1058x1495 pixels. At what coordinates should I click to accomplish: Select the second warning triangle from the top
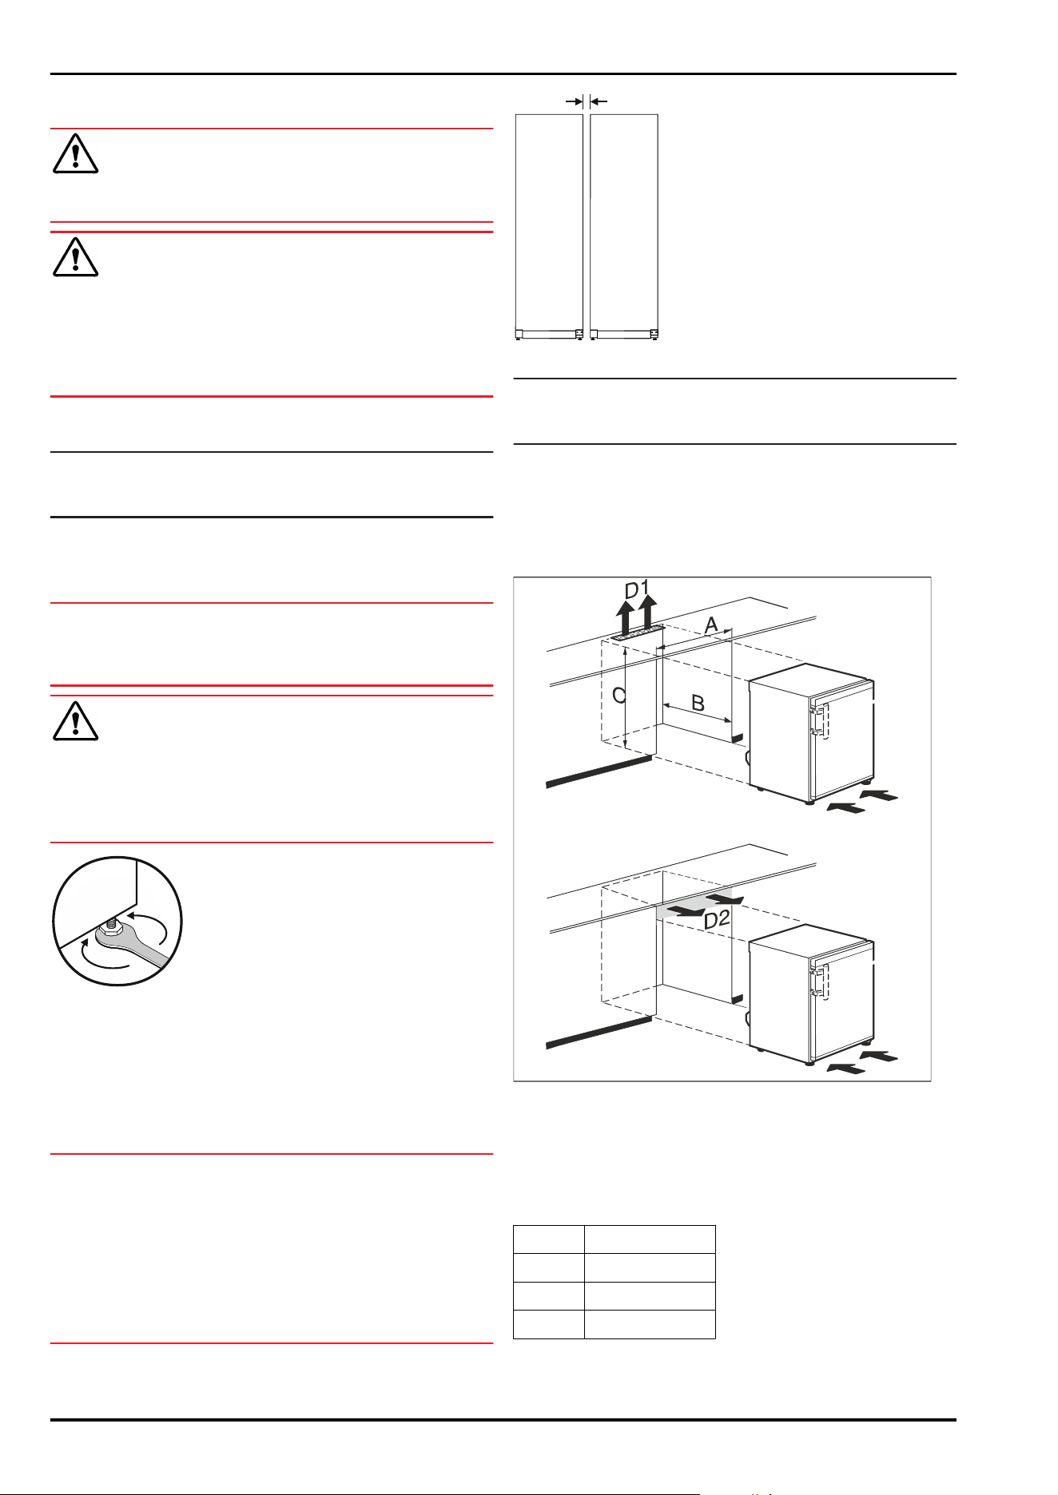pos(75,256)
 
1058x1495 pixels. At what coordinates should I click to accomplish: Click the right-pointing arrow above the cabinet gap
pos(574,101)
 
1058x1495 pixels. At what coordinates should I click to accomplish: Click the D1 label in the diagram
pos(637,590)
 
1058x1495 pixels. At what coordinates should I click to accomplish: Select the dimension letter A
pos(710,624)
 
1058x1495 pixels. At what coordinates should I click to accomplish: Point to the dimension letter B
pos(698,704)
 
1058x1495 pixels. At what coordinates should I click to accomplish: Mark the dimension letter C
pos(618,696)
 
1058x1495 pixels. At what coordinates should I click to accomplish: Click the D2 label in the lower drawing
pos(717,920)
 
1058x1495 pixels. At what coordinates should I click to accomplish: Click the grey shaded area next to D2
pos(694,903)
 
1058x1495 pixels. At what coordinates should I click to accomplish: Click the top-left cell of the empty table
pos(548,1239)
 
